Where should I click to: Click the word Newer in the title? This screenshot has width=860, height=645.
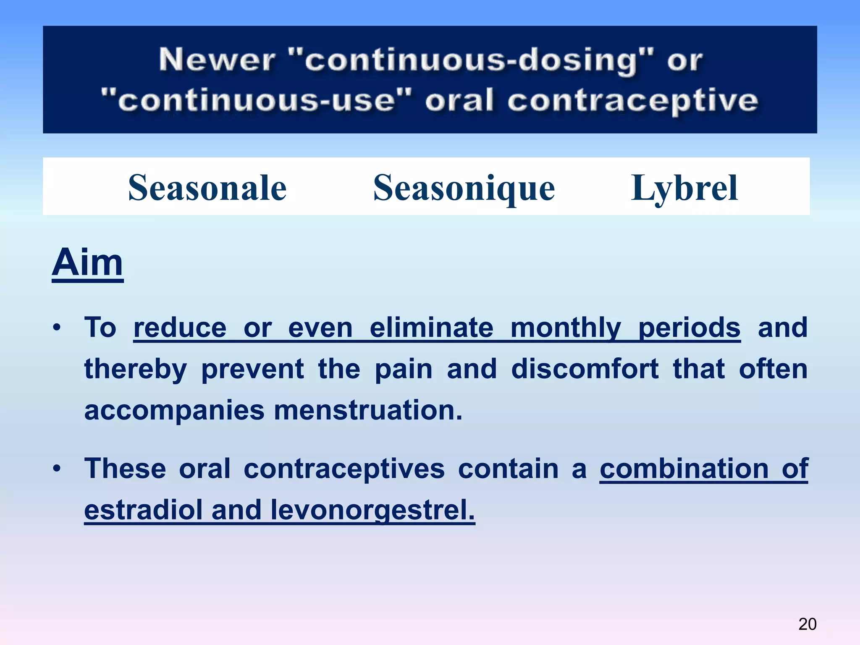click(217, 60)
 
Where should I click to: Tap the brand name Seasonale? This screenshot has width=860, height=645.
click(207, 188)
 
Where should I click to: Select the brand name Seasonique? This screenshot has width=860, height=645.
click(464, 188)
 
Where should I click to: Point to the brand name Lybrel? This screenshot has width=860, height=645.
click(684, 188)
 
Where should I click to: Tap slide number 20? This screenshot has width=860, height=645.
click(807, 624)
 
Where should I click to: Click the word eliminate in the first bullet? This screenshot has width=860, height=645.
click(431, 328)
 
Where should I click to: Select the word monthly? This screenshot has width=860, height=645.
click(566, 328)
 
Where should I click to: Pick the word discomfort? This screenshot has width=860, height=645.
click(585, 369)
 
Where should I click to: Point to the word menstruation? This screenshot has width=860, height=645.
click(368, 410)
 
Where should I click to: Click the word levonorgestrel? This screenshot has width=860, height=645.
click(372, 510)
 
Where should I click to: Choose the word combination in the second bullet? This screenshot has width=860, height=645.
click(684, 469)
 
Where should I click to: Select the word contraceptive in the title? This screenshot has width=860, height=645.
click(632, 101)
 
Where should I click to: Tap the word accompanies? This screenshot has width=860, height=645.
click(174, 410)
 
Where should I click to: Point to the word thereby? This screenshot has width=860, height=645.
click(135, 369)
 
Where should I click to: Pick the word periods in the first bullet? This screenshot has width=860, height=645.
click(689, 328)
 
